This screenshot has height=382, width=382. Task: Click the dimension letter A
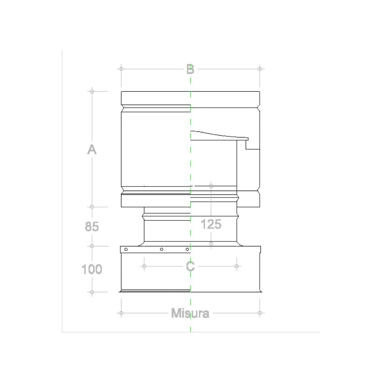click(92, 150)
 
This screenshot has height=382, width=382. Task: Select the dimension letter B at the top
click(190, 69)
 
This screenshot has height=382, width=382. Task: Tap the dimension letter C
click(190, 266)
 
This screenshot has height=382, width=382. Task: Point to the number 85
click(92, 227)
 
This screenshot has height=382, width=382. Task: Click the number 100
click(92, 269)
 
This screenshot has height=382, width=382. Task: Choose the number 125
click(211, 224)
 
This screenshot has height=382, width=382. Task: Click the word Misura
click(190, 314)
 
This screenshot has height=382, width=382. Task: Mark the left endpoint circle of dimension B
click(121, 69)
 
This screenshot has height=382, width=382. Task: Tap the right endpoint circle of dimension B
click(260, 69)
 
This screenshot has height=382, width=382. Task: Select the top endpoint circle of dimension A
click(92, 91)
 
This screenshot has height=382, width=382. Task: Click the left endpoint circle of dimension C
click(144, 266)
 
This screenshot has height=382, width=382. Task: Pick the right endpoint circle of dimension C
click(237, 266)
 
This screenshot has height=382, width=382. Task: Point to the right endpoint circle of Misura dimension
click(260, 313)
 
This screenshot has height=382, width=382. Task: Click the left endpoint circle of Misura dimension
click(121, 313)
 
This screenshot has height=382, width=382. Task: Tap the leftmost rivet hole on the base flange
click(126, 249)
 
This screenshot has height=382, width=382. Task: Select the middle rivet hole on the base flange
click(162, 249)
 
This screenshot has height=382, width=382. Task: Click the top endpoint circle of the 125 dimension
click(211, 186)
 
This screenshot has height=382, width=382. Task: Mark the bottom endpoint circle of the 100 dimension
click(92, 292)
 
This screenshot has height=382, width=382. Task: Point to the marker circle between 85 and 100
click(92, 246)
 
